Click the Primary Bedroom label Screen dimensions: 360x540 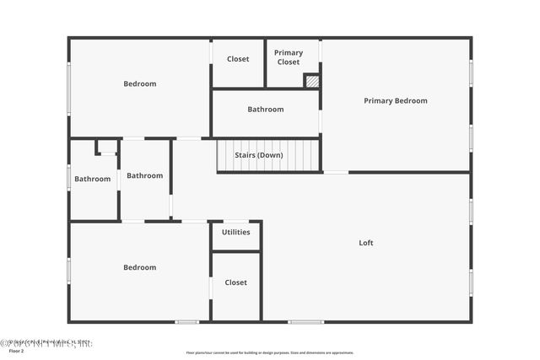click(395, 101)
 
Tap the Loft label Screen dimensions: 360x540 click(365, 243)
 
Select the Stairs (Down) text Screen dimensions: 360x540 click(258, 155)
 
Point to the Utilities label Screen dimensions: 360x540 click(236, 232)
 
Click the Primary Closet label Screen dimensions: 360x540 click(289, 57)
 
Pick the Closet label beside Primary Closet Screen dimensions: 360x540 click(238, 59)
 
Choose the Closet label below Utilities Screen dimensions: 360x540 click(236, 282)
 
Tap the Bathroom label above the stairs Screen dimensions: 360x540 click(265, 110)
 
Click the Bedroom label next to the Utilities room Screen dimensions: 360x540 click(139, 267)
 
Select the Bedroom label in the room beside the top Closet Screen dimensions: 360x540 click(139, 83)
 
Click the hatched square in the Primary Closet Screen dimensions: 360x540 click(312, 82)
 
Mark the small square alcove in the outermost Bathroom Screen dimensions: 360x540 click(107, 147)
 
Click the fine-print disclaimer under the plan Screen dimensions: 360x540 click(270, 352)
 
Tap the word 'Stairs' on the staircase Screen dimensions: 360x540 click(245, 155)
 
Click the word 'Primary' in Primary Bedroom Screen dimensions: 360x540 click(379, 101)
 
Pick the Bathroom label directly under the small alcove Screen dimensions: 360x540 click(92, 179)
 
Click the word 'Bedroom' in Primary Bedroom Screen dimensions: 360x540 click(412, 101)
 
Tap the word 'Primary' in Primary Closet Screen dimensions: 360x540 click(289, 53)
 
